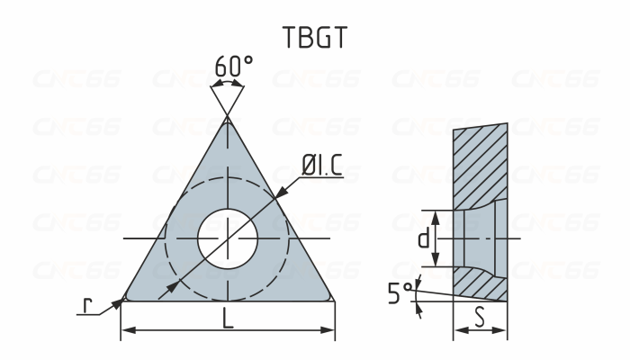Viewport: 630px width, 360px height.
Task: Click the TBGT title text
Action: (x=314, y=37)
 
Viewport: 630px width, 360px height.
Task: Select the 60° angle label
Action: (x=233, y=67)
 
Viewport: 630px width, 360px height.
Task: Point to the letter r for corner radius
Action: (x=86, y=306)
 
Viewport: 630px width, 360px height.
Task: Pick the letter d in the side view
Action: (x=422, y=239)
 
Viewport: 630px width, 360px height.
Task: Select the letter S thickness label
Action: (x=481, y=318)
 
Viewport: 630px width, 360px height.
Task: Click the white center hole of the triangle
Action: (x=228, y=238)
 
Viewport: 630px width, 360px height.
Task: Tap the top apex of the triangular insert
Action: (x=228, y=118)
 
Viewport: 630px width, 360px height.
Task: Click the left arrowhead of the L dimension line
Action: (x=125, y=330)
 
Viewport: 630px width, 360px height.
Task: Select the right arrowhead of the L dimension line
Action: (x=330, y=330)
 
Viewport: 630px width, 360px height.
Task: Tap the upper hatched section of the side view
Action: (x=480, y=162)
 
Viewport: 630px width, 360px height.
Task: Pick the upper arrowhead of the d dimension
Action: (x=435, y=214)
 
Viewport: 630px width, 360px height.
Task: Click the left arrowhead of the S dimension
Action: (x=457, y=330)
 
